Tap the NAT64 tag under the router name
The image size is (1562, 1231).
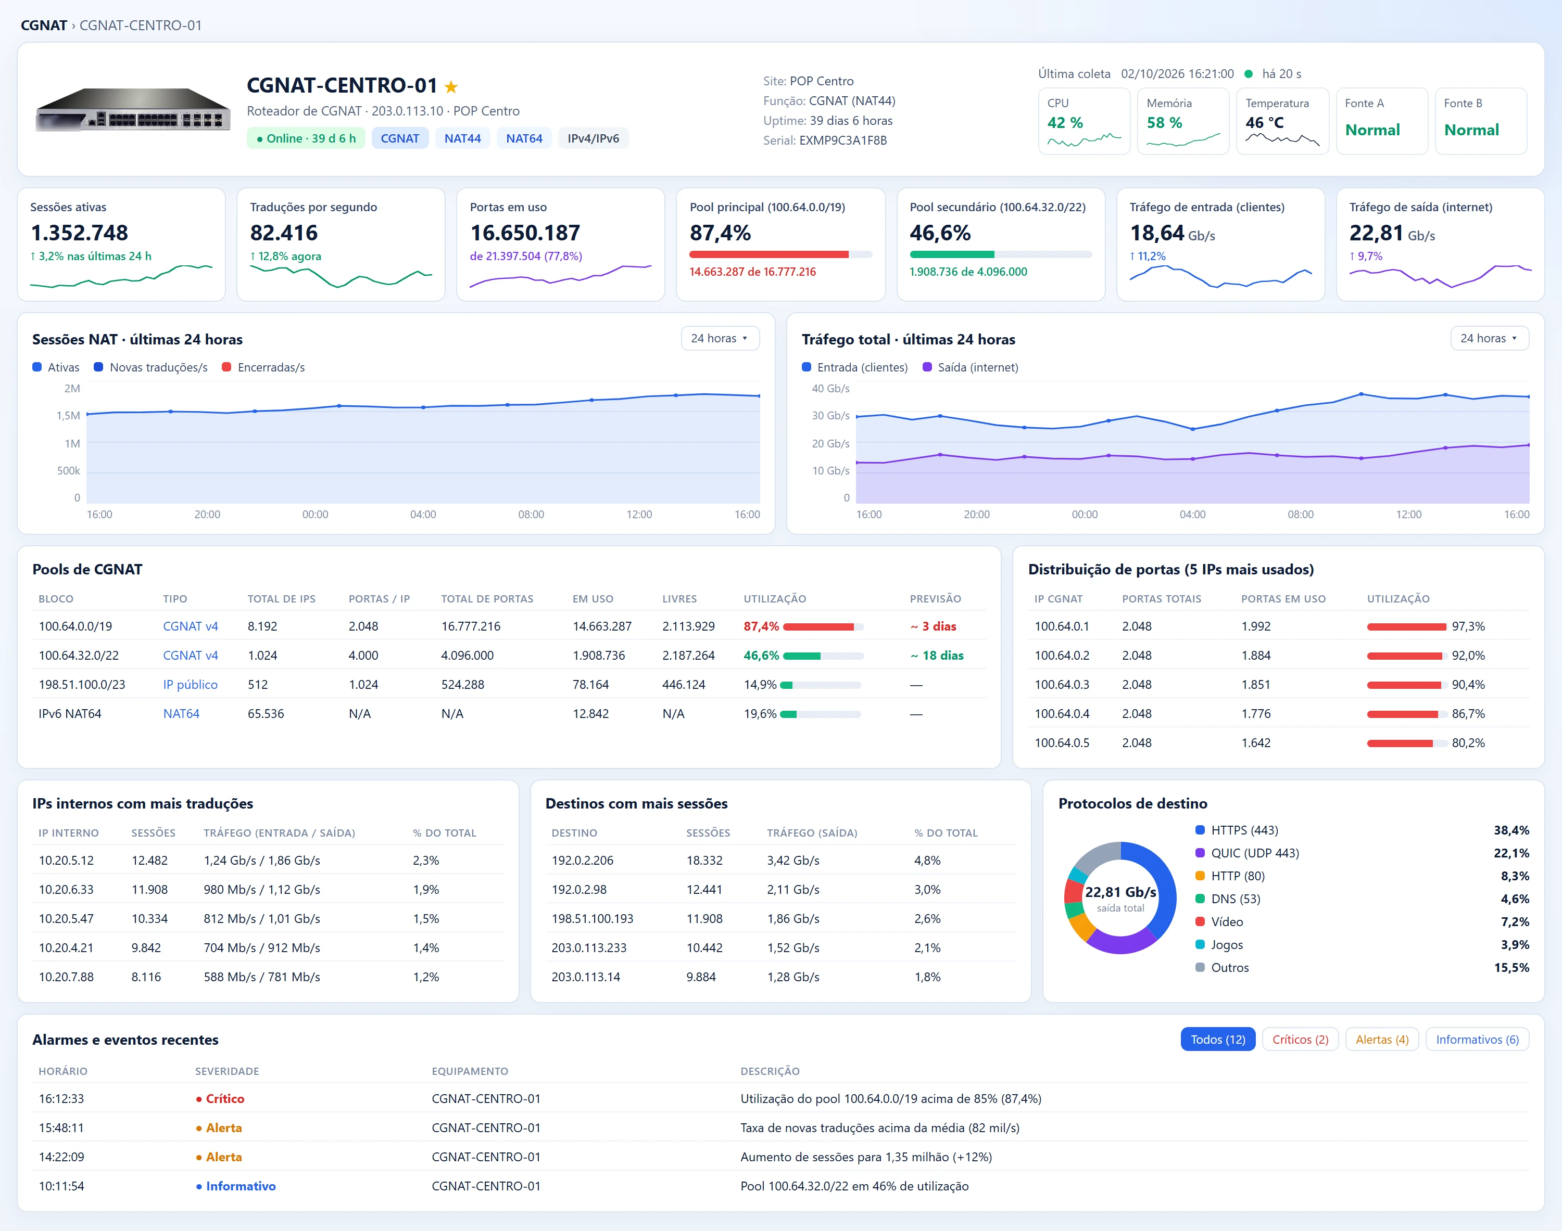(524, 138)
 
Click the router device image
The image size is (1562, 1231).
(133, 110)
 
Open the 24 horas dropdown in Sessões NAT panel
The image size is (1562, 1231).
(720, 338)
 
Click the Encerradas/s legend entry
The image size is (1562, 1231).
(263, 367)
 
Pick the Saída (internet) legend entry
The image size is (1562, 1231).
(971, 367)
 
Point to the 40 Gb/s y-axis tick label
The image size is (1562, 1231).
(831, 389)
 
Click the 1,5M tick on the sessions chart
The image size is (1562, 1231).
(69, 416)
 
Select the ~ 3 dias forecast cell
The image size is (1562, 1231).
(933, 626)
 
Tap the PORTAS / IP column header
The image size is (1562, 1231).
(380, 599)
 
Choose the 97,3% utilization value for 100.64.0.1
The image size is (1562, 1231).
(1468, 626)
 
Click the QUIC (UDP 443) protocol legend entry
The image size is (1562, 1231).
(1255, 853)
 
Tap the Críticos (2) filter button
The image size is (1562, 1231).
(1300, 1040)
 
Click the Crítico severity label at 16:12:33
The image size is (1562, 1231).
(225, 1099)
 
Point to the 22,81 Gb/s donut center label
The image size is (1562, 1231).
(1120, 892)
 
